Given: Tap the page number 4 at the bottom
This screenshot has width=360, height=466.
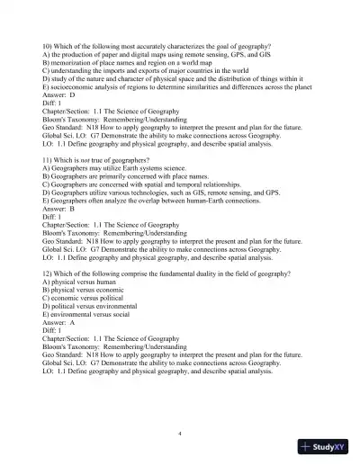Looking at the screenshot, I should coord(180,433).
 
